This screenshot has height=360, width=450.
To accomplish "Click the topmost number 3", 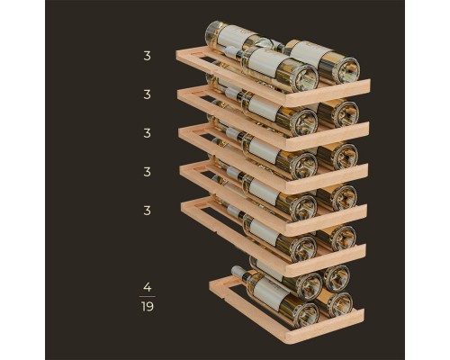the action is (147, 56).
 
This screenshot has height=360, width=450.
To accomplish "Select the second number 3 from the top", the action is (147, 94).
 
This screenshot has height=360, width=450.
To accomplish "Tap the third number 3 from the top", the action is (147, 133).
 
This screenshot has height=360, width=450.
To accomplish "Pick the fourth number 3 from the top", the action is (147, 172).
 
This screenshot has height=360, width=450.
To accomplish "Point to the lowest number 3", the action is (147, 211).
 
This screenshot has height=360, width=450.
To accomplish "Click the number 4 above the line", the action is (148, 287).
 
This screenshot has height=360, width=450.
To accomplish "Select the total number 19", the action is (148, 307).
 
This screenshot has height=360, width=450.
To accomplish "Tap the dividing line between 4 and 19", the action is (148, 297).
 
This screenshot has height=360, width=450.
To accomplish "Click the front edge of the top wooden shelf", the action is (328, 93).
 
